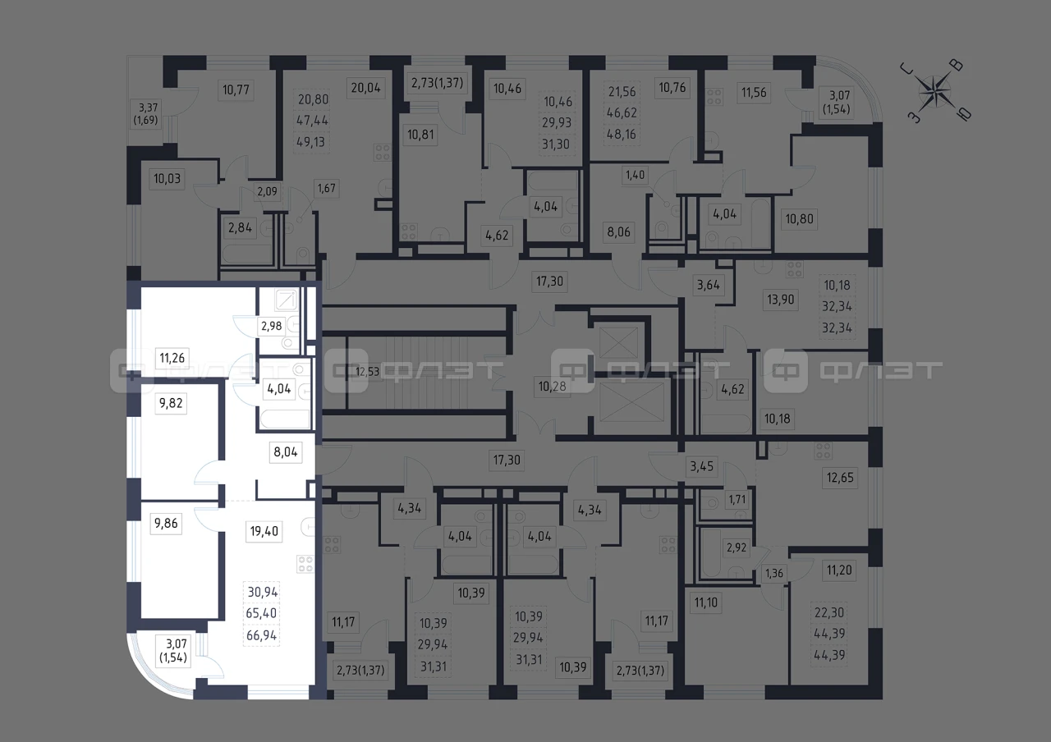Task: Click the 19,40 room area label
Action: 264,531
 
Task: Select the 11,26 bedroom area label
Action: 172,358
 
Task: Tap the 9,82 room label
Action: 171,403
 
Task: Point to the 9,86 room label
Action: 166,523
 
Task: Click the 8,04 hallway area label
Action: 286,452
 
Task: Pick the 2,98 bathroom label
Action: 272,326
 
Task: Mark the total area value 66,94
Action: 262,635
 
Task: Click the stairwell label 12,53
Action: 367,372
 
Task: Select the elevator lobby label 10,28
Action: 553,387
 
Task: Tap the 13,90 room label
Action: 781,300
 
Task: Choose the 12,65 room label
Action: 840,478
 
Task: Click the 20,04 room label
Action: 366,88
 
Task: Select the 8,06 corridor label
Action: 619,231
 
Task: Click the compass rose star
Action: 935,91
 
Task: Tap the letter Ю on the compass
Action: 965,114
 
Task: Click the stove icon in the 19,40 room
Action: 305,564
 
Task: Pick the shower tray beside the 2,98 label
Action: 287,300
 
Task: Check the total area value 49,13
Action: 310,142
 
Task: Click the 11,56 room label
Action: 754,93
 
